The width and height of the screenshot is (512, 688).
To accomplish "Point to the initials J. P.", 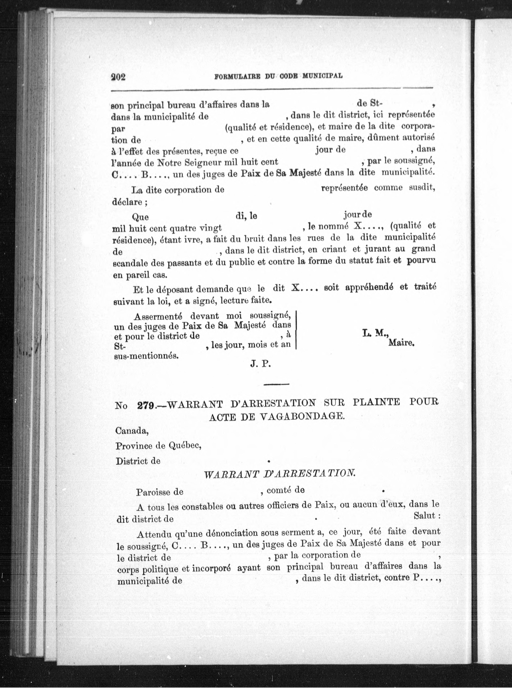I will point(261,364).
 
